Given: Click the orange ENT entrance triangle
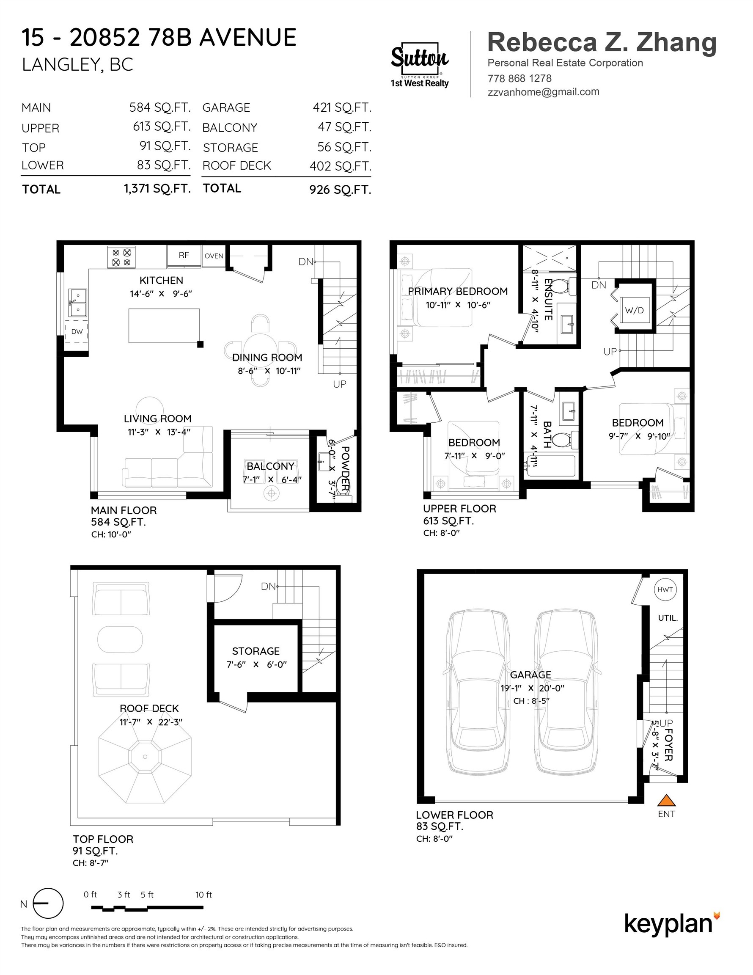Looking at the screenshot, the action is click(x=666, y=799).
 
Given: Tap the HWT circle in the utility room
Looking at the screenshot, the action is click(x=665, y=589).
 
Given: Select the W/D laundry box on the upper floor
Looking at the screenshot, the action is click(x=634, y=310).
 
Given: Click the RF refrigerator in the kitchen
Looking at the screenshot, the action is click(x=184, y=255).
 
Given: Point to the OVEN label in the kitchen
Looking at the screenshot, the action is click(x=214, y=256).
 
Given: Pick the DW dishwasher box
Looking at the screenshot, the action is click(x=77, y=332).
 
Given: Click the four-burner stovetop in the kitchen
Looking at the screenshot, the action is click(x=121, y=257).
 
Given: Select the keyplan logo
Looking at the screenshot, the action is click(x=672, y=924).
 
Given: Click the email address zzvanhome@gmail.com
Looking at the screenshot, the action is click(x=543, y=92).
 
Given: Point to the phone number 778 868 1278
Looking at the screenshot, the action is click(x=519, y=79).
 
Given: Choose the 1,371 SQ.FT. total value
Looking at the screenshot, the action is click(x=157, y=189).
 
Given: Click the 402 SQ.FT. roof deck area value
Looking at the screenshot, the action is click(x=341, y=166).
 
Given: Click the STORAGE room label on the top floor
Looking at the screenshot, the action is click(x=256, y=651).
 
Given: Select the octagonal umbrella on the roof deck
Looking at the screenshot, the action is click(x=145, y=757).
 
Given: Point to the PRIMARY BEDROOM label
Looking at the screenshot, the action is click(x=458, y=291).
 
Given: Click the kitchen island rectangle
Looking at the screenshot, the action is click(x=164, y=326).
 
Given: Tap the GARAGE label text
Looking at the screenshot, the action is click(x=531, y=675).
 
